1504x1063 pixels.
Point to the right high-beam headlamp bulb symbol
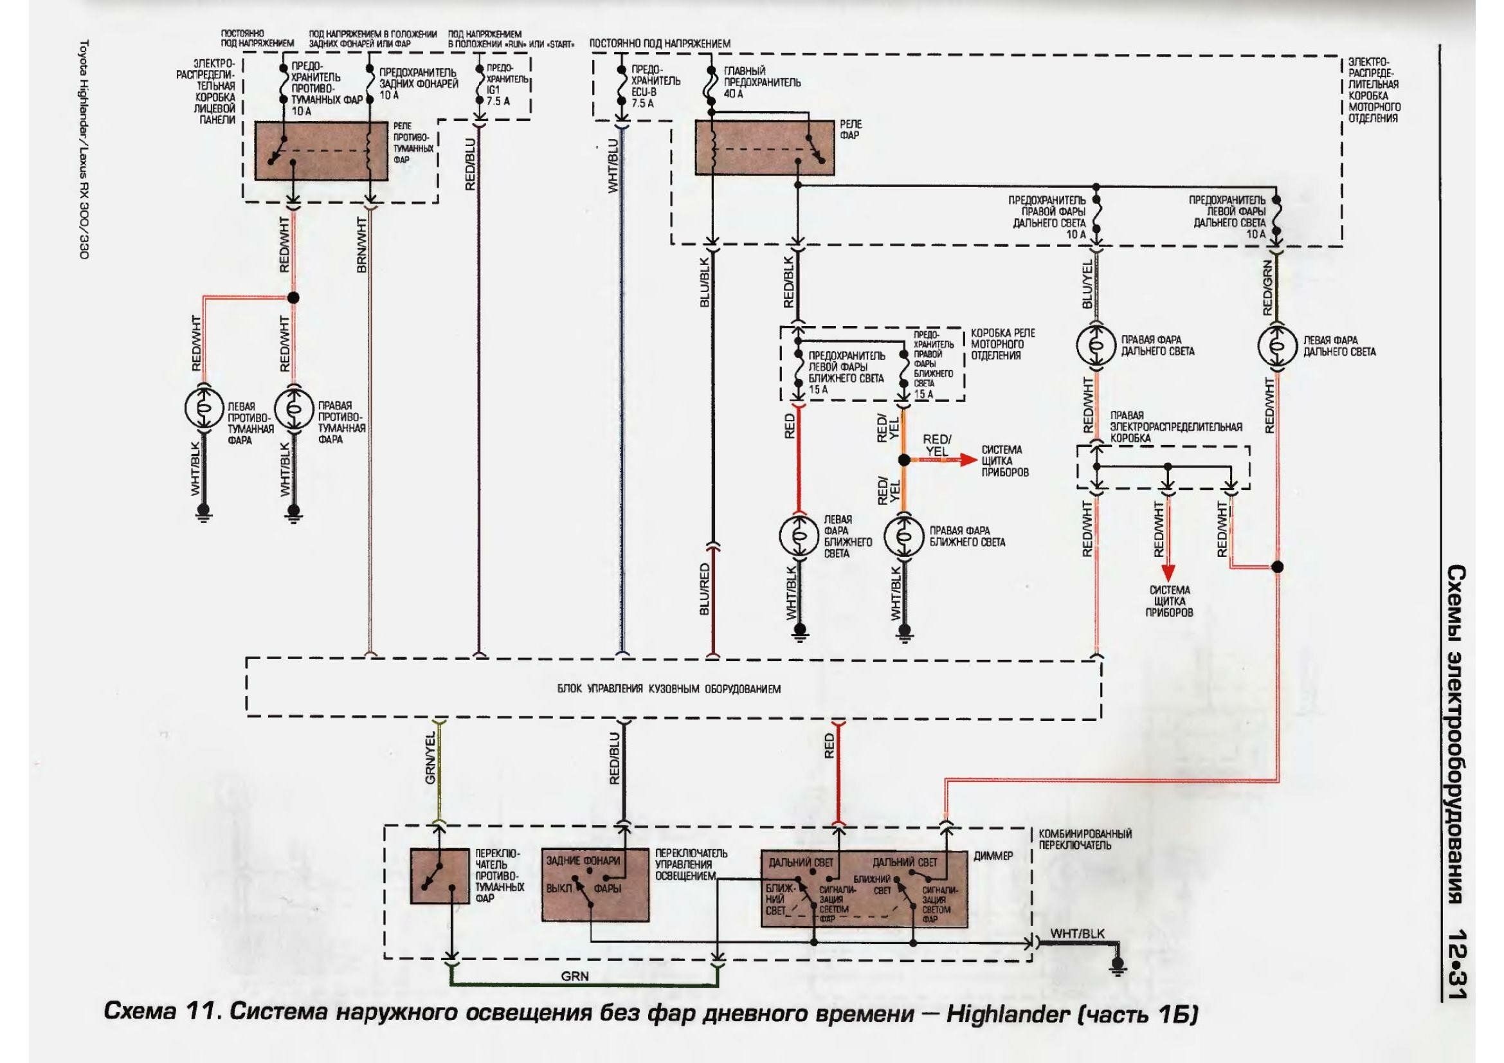coord(1096,345)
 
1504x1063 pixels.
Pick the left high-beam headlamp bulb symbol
coord(1277,345)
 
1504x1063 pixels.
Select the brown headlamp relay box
coord(765,147)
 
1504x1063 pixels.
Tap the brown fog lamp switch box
coord(440,877)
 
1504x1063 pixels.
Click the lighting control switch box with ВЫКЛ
coord(595,884)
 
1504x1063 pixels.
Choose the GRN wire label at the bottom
coord(574,977)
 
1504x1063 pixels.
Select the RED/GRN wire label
coord(1267,288)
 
